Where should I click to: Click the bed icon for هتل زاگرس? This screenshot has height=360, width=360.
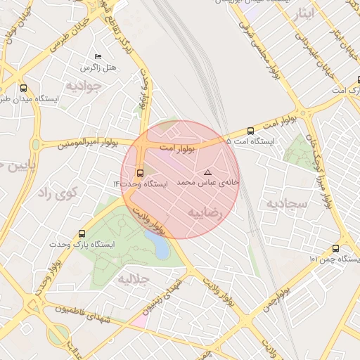[x=98, y=56]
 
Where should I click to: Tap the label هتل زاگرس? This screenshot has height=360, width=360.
[x=99, y=67]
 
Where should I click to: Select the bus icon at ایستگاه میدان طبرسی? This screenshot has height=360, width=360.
[x=25, y=89]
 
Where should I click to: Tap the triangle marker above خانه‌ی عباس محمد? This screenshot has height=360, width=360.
[x=207, y=172]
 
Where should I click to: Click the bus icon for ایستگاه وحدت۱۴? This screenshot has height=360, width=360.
[x=139, y=172]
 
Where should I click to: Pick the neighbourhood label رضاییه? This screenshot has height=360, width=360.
[x=205, y=211]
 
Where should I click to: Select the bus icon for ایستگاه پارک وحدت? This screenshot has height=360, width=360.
[x=82, y=233]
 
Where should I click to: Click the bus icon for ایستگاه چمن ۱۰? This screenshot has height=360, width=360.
[x=335, y=248]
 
